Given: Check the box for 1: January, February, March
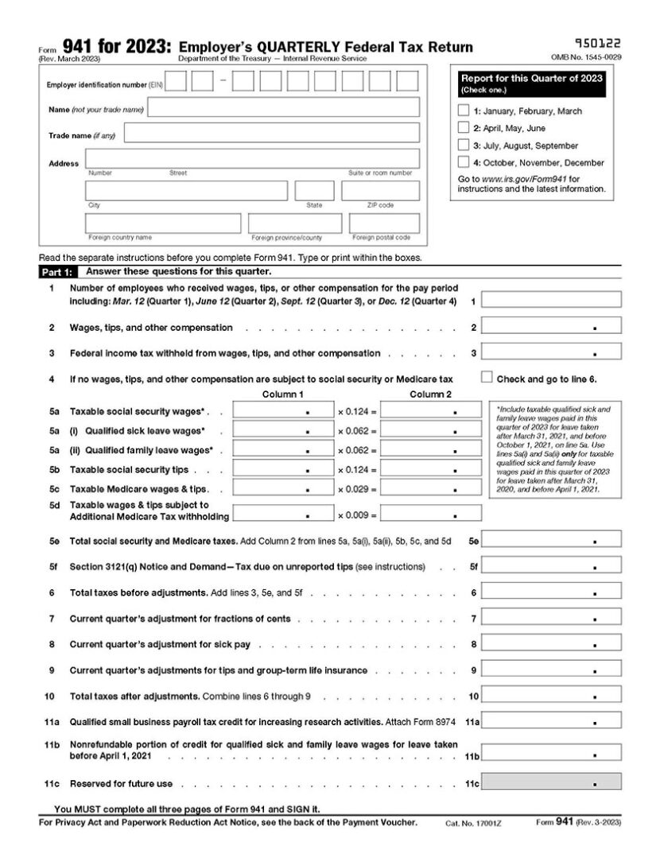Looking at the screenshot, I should click(x=464, y=111).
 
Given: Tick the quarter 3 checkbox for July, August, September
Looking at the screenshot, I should click(x=464, y=146).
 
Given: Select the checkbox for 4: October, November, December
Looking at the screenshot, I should click(x=464, y=162).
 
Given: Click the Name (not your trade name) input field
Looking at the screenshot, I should click(x=284, y=108).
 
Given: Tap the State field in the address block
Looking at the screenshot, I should click(x=314, y=191).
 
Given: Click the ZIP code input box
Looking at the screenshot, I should click(x=380, y=191).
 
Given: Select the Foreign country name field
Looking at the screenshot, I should click(x=163, y=223).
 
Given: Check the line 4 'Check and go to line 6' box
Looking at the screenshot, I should click(x=487, y=378).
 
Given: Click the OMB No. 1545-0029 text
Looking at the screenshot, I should click(x=586, y=58).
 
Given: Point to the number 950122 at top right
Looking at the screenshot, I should click(x=597, y=45).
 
